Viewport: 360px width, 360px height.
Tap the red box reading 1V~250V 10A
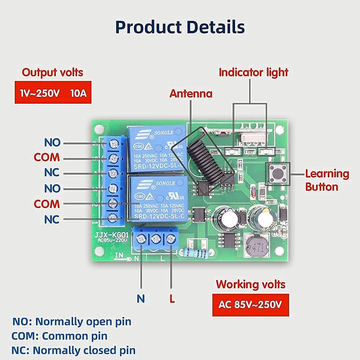point(53,93)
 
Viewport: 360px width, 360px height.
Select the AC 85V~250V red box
point(250,305)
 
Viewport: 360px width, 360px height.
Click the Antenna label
point(191,94)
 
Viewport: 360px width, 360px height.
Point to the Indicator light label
point(254,72)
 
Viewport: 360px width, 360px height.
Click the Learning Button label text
point(327,180)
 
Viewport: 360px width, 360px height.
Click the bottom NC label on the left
point(52,219)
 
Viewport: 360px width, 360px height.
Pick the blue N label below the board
point(141,298)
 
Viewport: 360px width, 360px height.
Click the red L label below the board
point(172,298)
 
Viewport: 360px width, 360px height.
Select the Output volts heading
point(53,72)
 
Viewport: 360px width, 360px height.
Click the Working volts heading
point(251,284)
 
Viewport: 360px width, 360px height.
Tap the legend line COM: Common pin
point(60,336)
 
